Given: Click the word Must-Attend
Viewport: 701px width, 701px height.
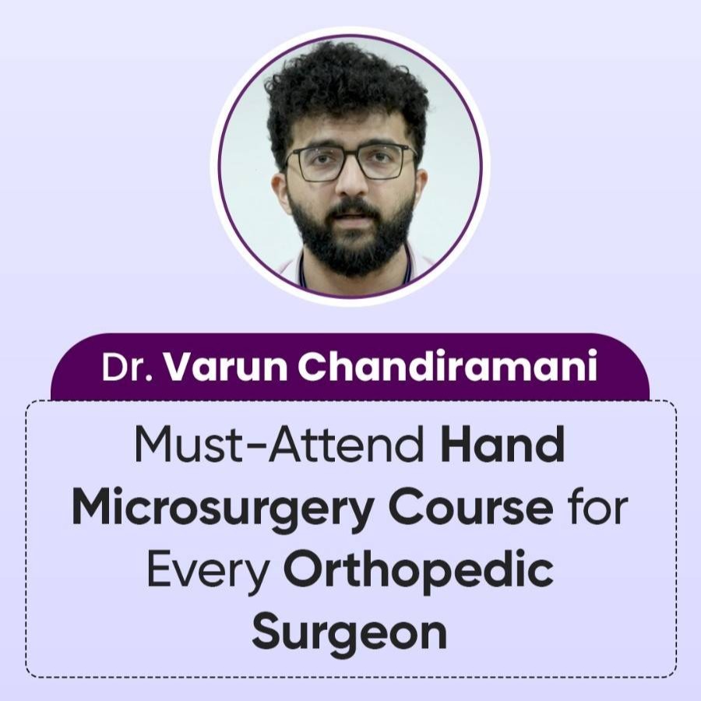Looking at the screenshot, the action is [280, 446].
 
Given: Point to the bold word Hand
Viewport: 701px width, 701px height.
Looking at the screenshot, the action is [502, 446].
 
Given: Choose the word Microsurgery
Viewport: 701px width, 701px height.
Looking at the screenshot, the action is [222, 510].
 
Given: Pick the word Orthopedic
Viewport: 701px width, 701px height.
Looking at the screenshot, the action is [418, 572].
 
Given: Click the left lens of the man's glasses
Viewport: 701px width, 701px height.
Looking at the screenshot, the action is [319, 164].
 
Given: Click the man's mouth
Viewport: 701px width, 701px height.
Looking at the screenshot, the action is [352, 217].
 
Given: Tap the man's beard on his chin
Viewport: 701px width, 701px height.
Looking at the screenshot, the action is [353, 250].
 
